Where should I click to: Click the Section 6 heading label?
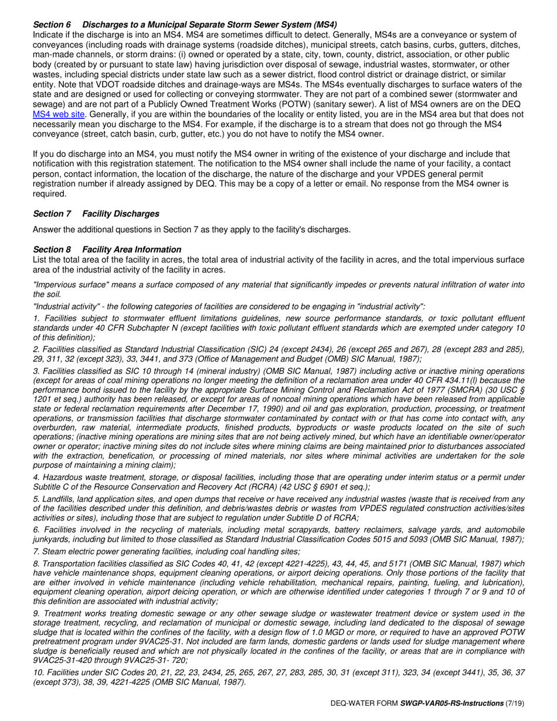click(x=52, y=25)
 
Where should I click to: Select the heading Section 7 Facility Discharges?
click(x=96, y=213)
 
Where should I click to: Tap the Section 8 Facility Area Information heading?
click(x=107, y=249)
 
